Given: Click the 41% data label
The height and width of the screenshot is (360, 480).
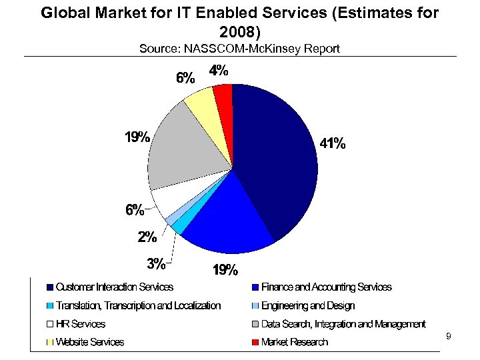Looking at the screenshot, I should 331,143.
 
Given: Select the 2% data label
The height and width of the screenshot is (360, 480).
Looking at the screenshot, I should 147,236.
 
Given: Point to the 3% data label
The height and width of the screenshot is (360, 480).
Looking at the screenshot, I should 156,263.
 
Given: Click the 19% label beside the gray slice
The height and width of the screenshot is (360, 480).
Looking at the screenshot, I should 137,138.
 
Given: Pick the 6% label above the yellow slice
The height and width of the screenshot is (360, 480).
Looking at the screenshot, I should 185,77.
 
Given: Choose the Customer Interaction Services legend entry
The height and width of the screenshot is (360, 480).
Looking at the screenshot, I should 114,287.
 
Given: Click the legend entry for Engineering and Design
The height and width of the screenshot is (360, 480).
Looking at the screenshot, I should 308,306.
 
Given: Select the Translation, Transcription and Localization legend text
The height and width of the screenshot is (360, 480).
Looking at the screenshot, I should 138,306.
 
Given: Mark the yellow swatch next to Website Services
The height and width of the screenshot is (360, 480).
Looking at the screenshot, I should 50,343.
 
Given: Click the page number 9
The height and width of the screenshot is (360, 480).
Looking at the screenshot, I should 448,337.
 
